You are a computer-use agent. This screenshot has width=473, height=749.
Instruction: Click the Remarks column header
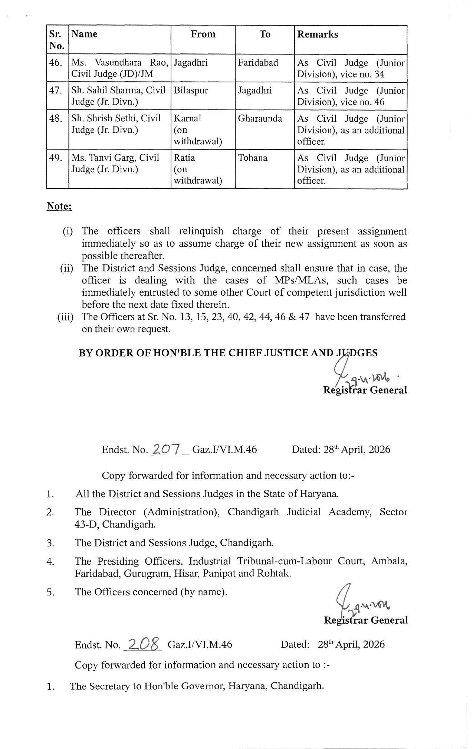(x=318, y=35)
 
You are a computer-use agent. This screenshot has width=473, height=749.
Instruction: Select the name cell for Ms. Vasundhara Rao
(x=119, y=68)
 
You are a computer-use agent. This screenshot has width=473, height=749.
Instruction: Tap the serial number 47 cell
(x=56, y=91)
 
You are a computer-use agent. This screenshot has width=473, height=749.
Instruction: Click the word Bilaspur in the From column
(x=191, y=91)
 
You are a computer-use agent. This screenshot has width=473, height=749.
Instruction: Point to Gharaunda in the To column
(x=260, y=118)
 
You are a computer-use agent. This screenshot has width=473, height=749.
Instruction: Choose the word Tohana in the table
(x=253, y=158)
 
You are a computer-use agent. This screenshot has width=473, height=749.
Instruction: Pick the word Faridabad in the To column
(x=258, y=62)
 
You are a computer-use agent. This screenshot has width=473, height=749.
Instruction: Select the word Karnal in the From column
(x=187, y=118)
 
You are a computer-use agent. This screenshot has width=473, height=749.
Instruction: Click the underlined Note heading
(x=59, y=206)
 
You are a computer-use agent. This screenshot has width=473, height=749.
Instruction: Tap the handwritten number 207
(x=166, y=449)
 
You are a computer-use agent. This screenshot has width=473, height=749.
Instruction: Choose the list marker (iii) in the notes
(x=65, y=317)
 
